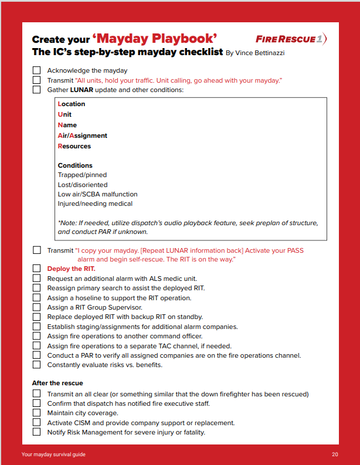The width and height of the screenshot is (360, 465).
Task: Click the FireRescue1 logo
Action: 291,39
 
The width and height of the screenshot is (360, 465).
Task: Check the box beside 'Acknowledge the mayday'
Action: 36,70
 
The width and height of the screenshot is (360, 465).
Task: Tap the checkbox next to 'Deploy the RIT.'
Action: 36,269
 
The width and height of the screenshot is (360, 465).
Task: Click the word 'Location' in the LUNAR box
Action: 72,104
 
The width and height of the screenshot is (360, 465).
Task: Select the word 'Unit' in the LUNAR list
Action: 64,114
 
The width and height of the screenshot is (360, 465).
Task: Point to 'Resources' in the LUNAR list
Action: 74,146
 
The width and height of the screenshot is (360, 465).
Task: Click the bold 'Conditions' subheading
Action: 75,165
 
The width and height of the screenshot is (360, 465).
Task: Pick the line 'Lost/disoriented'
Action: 83,185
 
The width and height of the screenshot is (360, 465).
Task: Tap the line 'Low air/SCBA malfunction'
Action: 97,194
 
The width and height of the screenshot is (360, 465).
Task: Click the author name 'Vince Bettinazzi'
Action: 260,53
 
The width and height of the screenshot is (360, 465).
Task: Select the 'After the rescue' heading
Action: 57,383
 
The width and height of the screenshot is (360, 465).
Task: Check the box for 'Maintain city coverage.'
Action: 36,413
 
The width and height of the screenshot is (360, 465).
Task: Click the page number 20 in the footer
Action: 335,454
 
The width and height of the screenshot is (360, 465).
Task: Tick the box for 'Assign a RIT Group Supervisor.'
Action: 36,307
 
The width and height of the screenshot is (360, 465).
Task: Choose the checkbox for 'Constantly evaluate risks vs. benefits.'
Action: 36,365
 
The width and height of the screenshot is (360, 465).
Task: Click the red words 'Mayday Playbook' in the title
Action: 159,39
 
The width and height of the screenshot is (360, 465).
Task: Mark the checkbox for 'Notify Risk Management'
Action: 36,432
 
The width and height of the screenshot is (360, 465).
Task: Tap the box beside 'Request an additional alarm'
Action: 36,279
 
